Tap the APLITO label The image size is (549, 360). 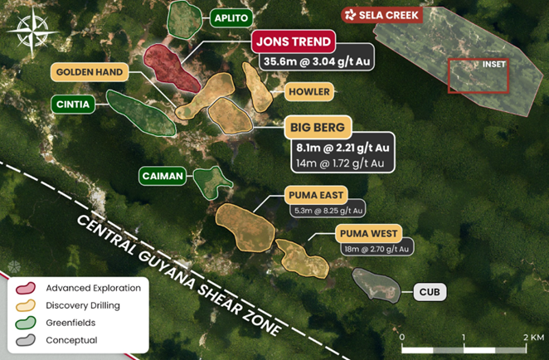[x=232, y=17]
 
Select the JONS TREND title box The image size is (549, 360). [x=294, y=41]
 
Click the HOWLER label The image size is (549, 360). [x=309, y=91]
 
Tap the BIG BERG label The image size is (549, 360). [x=319, y=128]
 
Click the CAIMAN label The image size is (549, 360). [x=162, y=177]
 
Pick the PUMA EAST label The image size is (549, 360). [x=312, y=195]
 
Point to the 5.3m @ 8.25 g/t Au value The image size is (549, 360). [x=327, y=212]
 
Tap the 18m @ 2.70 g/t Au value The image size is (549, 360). [x=376, y=248]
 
